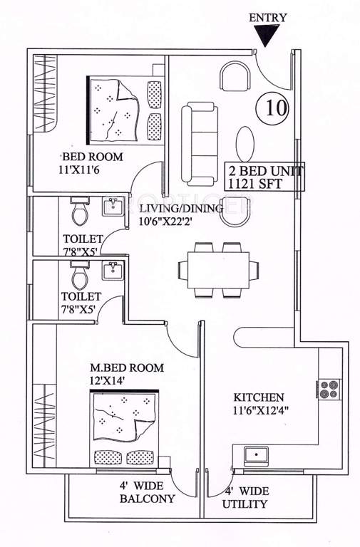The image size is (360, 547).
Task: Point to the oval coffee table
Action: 245,145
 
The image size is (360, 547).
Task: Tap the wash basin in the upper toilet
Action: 113,208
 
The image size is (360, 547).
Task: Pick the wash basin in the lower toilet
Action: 113,271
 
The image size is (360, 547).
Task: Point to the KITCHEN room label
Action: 259,397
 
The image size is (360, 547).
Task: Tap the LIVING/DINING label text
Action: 181,208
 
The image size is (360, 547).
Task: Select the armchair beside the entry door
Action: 235,76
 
